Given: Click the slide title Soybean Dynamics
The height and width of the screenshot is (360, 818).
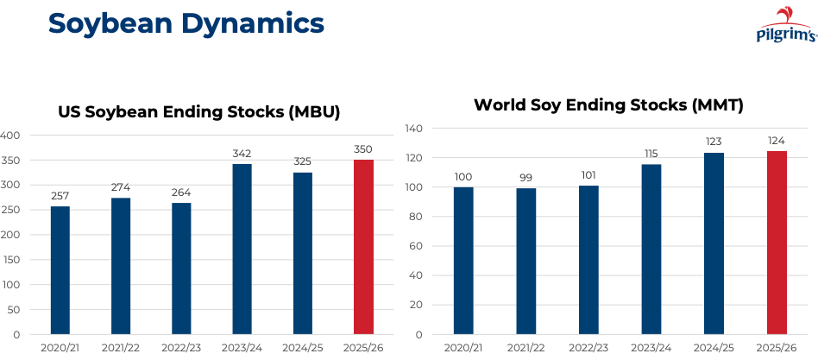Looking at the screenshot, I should [186, 23].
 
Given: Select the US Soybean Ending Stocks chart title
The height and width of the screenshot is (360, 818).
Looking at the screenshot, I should [199, 111].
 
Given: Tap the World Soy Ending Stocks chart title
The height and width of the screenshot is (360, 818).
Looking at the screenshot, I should [608, 105].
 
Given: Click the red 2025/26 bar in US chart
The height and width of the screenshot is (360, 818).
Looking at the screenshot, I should [363, 247].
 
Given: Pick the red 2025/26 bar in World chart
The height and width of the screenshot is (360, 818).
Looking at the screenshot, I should [777, 243].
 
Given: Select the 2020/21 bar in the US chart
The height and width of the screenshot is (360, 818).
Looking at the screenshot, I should [60, 270].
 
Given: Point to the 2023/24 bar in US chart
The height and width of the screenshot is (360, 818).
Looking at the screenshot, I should [242, 249].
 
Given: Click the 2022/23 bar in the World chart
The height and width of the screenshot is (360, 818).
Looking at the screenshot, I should [588, 260].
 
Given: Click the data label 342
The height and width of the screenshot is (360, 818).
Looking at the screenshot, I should [242, 154].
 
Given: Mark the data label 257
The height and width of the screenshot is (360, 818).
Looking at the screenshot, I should [60, 196].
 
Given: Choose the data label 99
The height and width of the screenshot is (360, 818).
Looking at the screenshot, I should [526, 178].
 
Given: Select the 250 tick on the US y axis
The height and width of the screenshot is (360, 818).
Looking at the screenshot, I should [10, 210].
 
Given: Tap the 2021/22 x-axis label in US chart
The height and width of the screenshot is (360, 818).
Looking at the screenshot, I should [121, 347].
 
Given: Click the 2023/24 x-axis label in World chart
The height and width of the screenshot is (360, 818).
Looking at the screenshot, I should [651, 347].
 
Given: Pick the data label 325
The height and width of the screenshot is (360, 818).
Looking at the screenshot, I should [303, 161].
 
